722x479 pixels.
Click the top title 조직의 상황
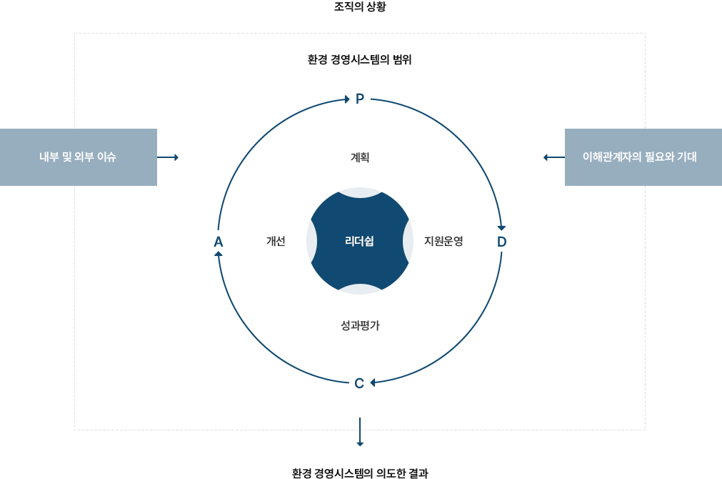pos(360,8)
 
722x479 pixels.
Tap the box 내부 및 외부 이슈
pos(79,157)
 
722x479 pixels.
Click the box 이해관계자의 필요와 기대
pos(642,157)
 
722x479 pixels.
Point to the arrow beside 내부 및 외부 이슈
pos(169,157)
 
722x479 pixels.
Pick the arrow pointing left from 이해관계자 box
pos(553,157)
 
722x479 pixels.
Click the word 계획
pos(360,157)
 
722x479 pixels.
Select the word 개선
pos(276,241)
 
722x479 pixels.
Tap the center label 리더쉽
pos(359,241)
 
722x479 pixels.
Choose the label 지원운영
pos(443,241)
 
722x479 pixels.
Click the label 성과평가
pos(360,325)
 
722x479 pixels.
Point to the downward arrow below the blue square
pos(360,431)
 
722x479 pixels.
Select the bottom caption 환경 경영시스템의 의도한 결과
pos(360,473)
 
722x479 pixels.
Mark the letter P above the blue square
pos(360,97)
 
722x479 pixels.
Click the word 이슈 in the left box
pos(106,157)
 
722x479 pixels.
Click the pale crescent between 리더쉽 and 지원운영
pos(408,241)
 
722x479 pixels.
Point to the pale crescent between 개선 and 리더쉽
pos(311,241)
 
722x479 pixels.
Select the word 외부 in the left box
pos(84,157)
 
